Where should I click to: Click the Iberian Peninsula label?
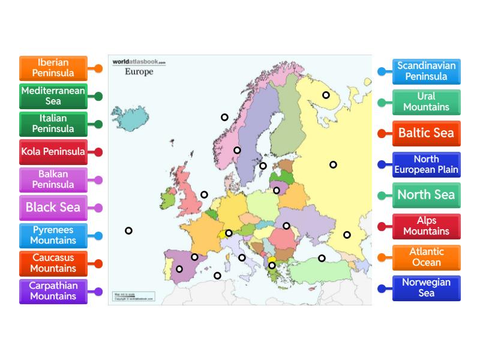(x=53, y=68)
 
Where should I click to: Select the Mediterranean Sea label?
(x=53, y=96)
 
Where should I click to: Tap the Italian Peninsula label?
(x=53, y=124)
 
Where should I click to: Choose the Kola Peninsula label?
(x=53, y=152)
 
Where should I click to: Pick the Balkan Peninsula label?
(x=53, y=179)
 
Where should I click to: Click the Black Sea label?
(x=53, y=208)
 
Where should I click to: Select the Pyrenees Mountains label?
(x=53, y=235)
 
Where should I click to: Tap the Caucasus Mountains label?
(x=53, y=263)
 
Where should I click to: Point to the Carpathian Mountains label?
(x=53, y=291)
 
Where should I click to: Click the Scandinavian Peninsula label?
(x=426, y=71)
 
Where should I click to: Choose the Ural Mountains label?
(x=426, y=102)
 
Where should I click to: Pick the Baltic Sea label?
(x=426, y=133)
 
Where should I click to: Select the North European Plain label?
(x=426, y=164)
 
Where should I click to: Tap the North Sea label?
(x=426, y=195)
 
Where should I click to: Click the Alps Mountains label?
(x=426, y=226)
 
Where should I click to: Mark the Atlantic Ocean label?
(x=426, y=257)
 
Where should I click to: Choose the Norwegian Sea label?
(x=426, y=288)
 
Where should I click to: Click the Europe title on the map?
(x=139, y=72)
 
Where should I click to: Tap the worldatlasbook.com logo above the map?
(x=139, y=62)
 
